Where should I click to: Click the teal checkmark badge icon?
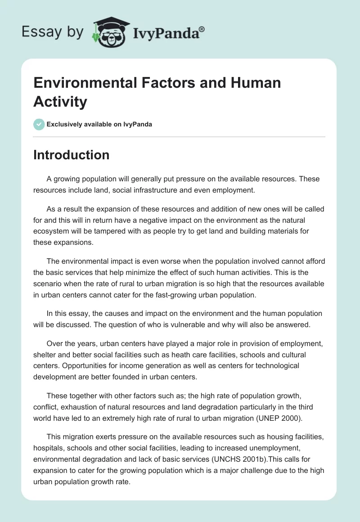point(39,124)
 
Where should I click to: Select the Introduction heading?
point(71,155)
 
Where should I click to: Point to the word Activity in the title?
point(60,102)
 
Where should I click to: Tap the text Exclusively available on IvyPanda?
point(99,124)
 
